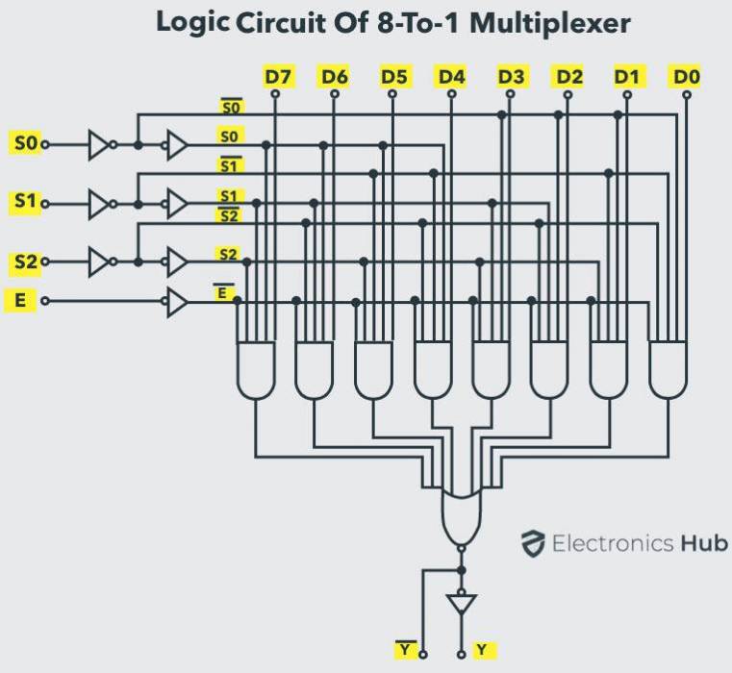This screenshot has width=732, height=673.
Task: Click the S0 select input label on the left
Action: click(x=25, y=144)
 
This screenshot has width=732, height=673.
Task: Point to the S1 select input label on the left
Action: click(x=25, y=204)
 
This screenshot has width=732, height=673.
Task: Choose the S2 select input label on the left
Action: click(x=25, y=262)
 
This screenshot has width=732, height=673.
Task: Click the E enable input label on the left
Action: click(x=19, y=301)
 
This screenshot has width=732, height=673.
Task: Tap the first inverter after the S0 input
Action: click(x=99, y=145)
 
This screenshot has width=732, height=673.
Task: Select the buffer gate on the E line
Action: click(x=177, y=302)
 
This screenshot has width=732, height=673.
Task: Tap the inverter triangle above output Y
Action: click(x=462, y=604)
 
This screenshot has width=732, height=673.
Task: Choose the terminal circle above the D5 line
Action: click(x=392, y=94)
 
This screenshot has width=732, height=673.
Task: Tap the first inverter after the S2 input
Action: click(x=99, y=262)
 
